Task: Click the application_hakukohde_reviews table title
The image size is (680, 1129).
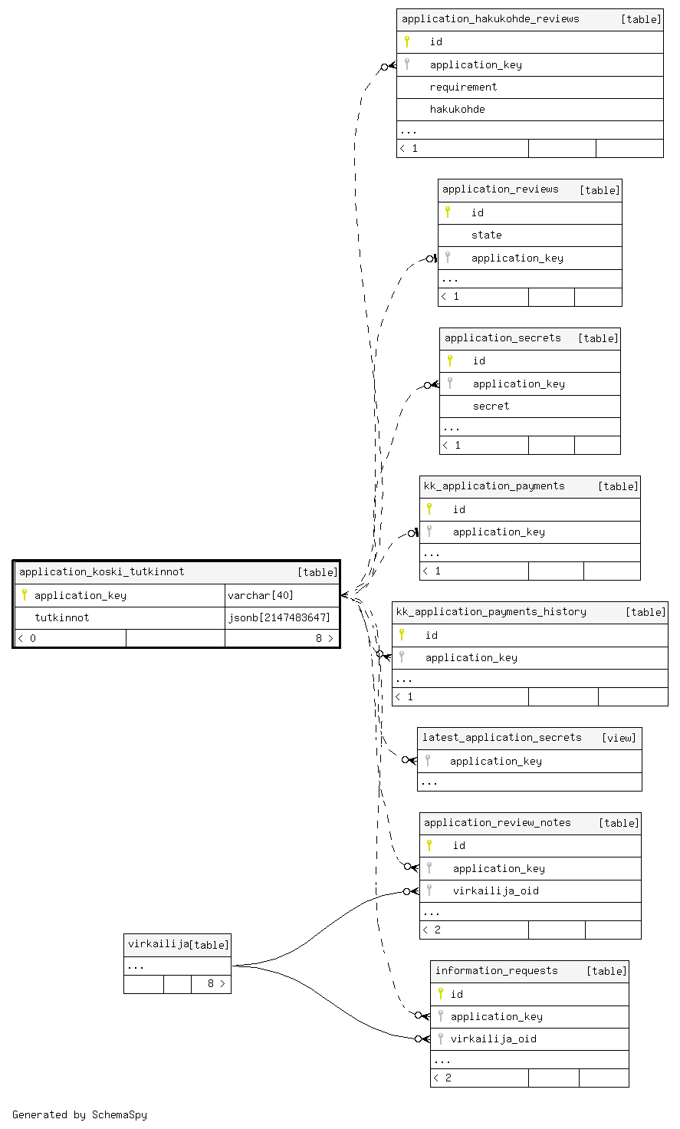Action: click(490, 19)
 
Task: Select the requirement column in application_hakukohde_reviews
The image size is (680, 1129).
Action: click(463, 87)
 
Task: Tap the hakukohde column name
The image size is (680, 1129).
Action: click(457, 110)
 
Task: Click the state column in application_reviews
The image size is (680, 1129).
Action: click(486, 235)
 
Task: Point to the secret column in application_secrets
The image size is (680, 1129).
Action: click(491, 407)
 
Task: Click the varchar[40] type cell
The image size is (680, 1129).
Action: click(261, 596)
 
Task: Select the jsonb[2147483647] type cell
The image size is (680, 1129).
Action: click(278, 618)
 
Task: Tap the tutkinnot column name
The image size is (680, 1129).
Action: click(61, 618)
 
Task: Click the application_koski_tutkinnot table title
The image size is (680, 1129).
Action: click(102, 572)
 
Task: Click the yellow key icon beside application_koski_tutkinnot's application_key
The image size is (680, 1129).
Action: click(25, 594)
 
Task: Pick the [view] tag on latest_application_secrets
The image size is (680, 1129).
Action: click(619, 739)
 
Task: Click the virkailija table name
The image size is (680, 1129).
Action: click(158, 944)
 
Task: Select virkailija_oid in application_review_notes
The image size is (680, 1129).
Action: click(496, 891)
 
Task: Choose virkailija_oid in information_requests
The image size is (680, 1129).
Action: click(493, 1038)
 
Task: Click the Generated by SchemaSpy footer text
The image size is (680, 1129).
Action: click(80, 1114)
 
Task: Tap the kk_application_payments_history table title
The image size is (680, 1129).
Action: click(491, 612)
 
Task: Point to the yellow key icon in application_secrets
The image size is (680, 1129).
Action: click(450, 360)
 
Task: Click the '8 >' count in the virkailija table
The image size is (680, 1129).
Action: click(216, 983)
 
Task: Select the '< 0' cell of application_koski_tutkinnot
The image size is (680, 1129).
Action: click(27, 639)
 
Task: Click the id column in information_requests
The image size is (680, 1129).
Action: click(456, 994)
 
